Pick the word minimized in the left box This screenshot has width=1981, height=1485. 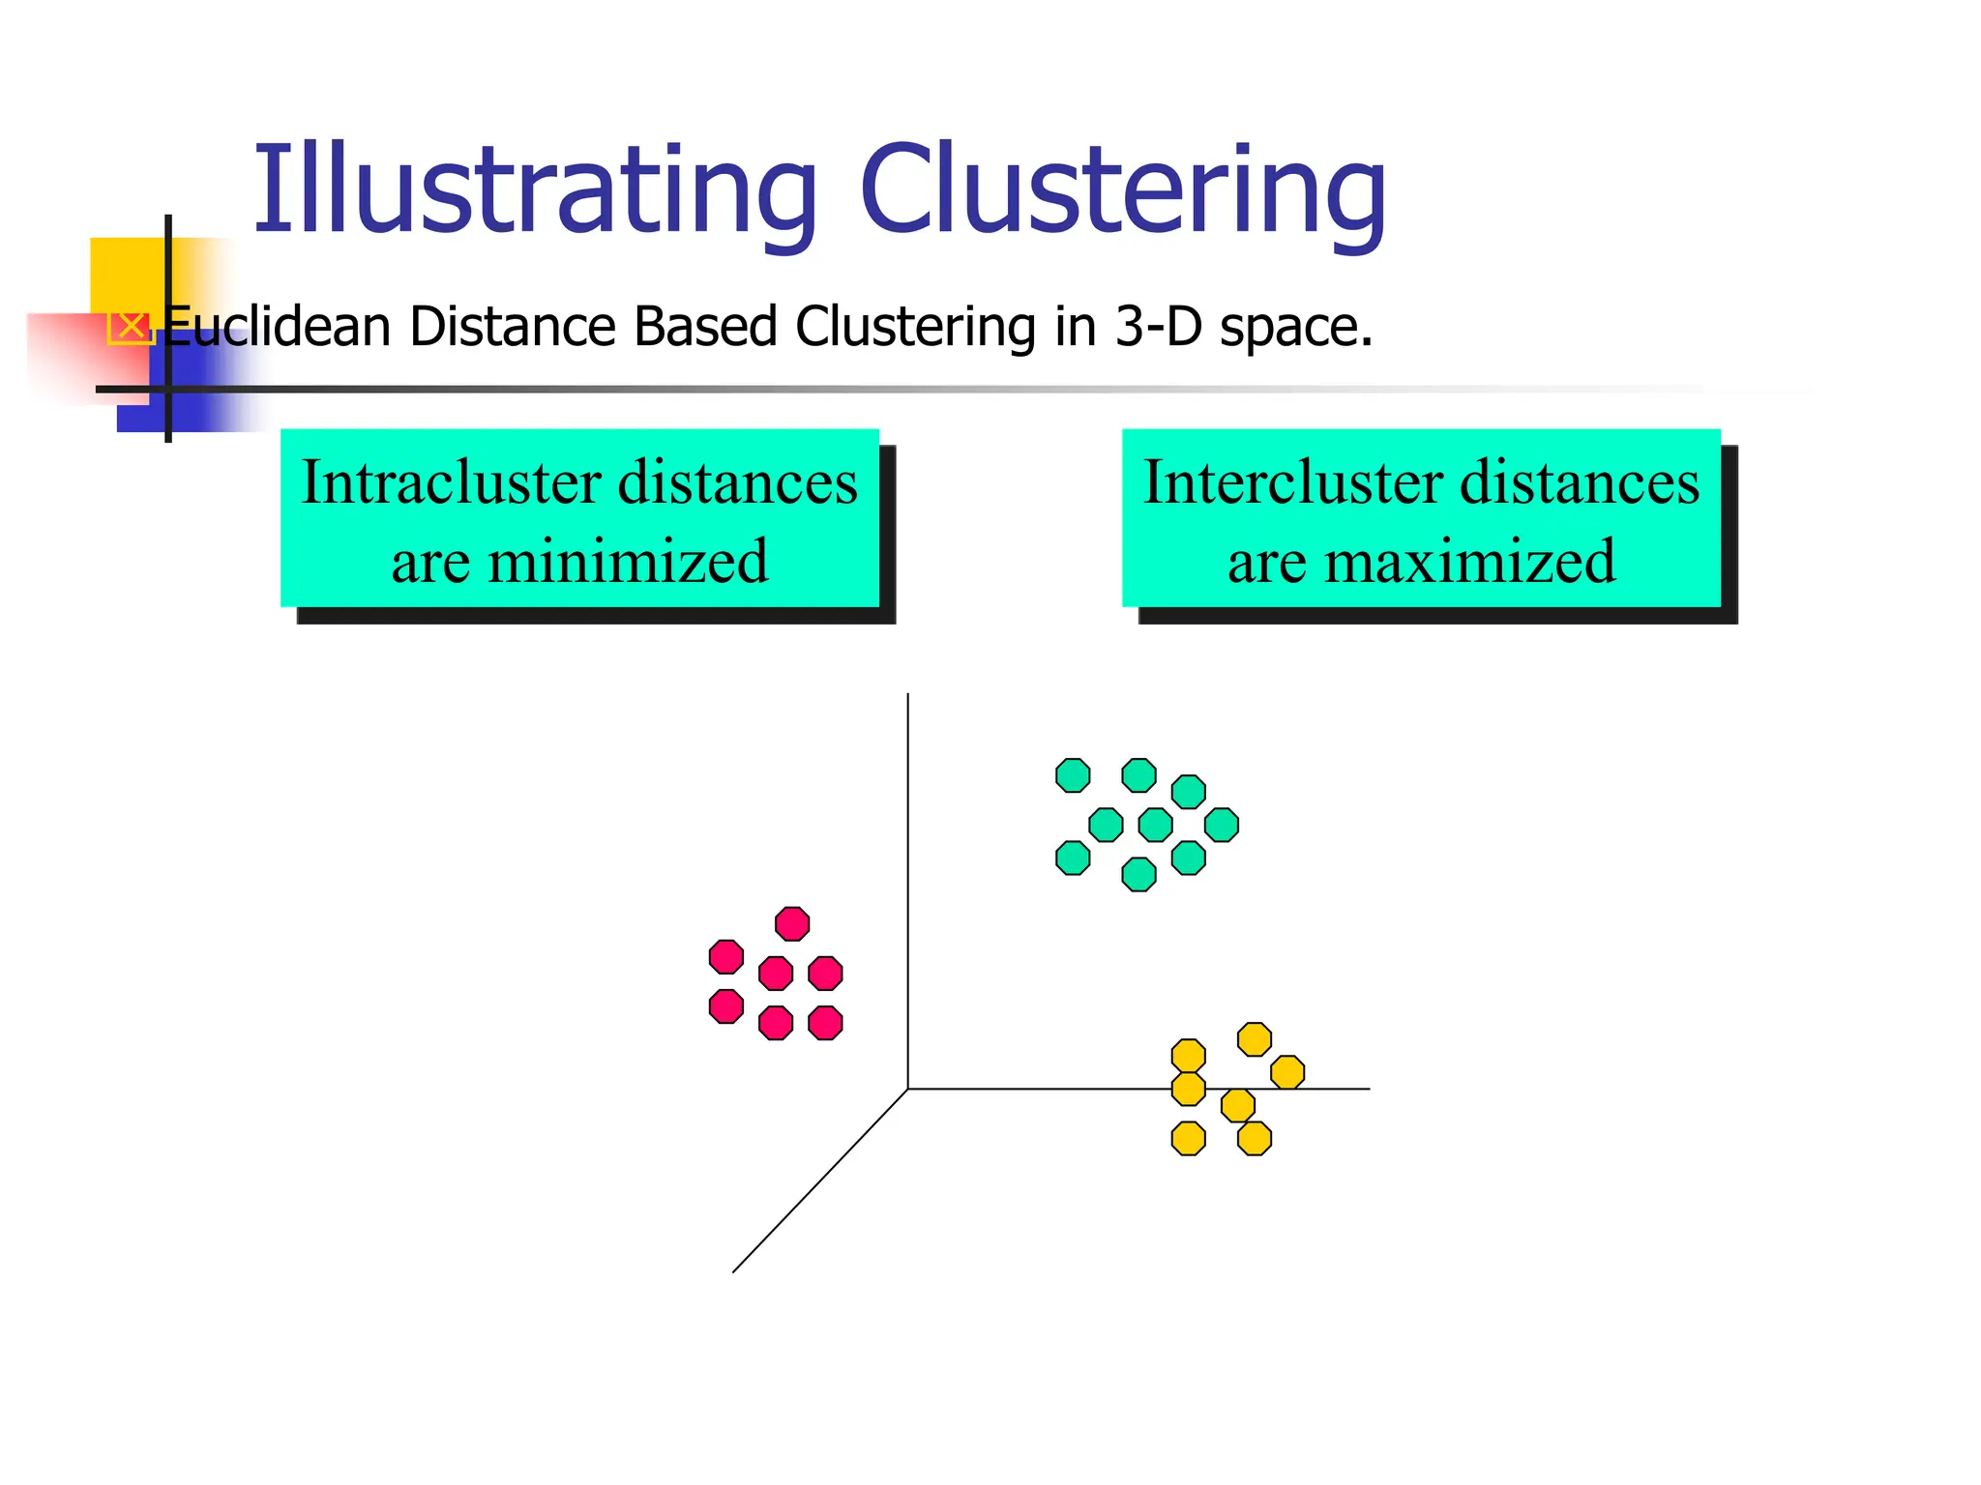pyautogui.click(x=628, y=561)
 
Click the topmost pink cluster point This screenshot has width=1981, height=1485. pyautogui.click(x=792, y=923)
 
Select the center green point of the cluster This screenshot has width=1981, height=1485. pyautogui.click(x=1155, y=825)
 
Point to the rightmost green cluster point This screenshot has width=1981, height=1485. pyautogui.click(x=1222, y=825)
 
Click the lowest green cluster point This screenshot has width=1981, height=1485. pyautogui.click(x=1138, y=874)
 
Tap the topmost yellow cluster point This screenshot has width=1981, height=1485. pyautogui.click(x=1255, y=1039)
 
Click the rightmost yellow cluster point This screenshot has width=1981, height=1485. pyautogui.click(x=1287, y=1072)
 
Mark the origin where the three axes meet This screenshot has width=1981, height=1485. pyautogui.click(x=907, y=1089)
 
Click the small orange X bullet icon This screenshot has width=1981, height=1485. pyautogui.click(x=131, y=327)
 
